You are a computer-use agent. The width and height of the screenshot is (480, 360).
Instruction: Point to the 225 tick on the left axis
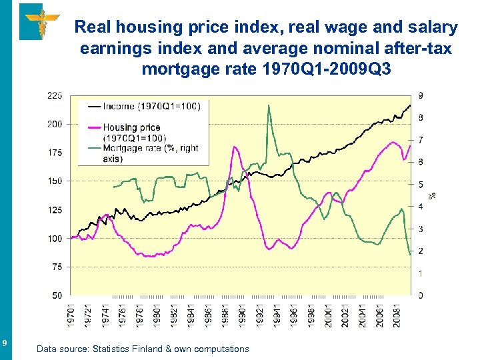point(54,95)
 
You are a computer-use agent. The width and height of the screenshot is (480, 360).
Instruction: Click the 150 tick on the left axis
point(54,181)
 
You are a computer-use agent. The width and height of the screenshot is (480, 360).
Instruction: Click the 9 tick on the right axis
point(419,95)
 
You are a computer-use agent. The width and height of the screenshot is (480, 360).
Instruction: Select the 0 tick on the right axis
point(419,295)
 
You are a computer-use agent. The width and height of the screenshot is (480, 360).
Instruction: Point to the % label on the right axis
point(432,195)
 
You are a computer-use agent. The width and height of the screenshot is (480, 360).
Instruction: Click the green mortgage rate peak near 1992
point(269,105)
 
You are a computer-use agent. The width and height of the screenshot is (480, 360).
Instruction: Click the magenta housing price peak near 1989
point(235,147)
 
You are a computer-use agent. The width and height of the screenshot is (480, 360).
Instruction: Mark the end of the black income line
point(410,105)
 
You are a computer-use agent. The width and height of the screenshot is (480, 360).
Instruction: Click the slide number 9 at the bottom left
point(5,343)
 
